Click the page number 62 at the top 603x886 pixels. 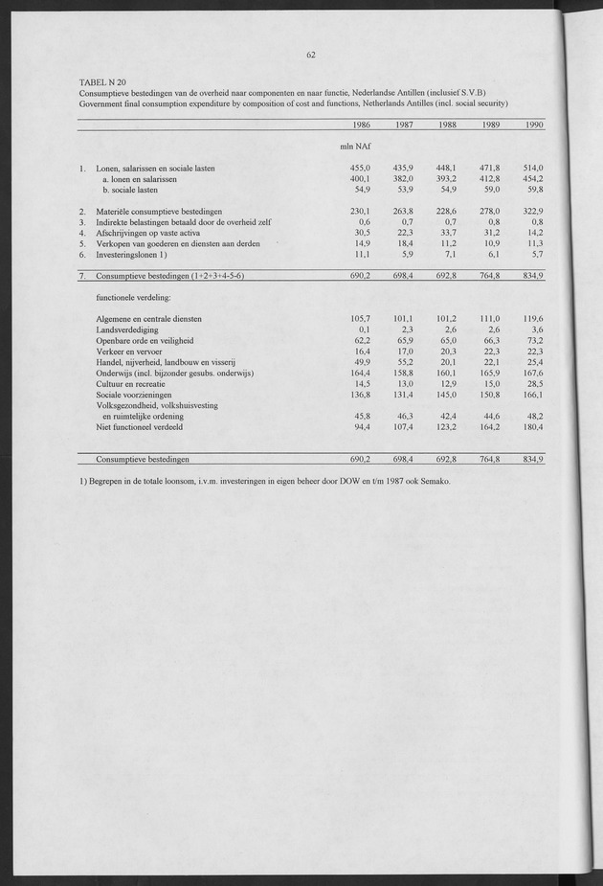coord(312,55)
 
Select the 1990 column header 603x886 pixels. coord(534,125)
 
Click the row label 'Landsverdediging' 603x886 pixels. coord(128,329)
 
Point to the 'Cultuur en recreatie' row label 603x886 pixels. coord(131,383)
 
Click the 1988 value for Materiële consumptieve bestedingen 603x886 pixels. coord(446,211)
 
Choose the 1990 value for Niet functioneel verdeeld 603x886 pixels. coord(531,427)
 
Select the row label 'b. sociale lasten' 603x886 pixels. coord(138,190)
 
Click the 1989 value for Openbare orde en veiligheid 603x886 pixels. coord(490,340)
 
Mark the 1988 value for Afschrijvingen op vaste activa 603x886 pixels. coord(447,232)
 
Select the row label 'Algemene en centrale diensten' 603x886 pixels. coord(148,318)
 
